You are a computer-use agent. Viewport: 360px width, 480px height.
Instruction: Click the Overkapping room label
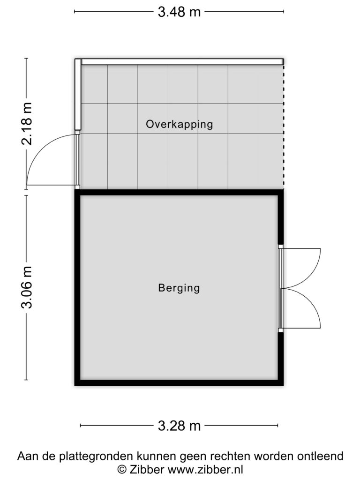180,124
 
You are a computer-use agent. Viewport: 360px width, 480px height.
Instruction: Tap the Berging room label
179,288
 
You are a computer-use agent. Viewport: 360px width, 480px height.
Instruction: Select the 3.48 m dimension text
179,12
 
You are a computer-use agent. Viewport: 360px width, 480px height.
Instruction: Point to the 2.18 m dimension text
27,123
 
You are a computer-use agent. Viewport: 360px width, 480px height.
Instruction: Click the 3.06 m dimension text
27,287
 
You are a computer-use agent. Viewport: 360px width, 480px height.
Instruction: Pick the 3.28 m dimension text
179,426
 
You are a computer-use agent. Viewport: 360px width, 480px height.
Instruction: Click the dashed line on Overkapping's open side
284,126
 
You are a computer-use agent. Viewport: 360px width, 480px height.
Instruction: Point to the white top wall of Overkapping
182,62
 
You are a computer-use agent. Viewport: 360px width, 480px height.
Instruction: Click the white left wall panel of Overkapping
78,94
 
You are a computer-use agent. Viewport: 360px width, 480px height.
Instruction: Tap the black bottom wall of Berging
179,382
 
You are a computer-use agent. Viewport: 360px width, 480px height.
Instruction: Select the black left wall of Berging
77,288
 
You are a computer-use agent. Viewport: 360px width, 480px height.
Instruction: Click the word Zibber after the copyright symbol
147,469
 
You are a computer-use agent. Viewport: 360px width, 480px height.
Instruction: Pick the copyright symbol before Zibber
122,470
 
